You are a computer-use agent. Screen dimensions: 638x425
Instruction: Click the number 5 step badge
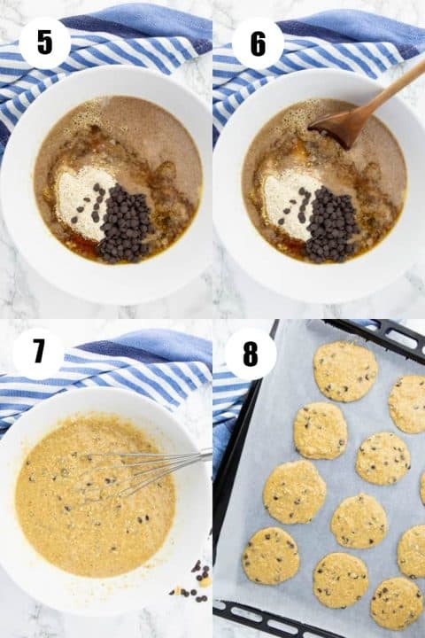(x=44, y=43)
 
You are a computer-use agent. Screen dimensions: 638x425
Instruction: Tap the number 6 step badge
(x=258, y=43)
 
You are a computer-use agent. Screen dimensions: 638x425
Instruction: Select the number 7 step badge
(x=38, y=352)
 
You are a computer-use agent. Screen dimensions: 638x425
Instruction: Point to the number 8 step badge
(x=251, y=353)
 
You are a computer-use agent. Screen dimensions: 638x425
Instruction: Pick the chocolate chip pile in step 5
(x=124, y=224)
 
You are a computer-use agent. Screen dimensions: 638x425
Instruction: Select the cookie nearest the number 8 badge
(x=344, y=370)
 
